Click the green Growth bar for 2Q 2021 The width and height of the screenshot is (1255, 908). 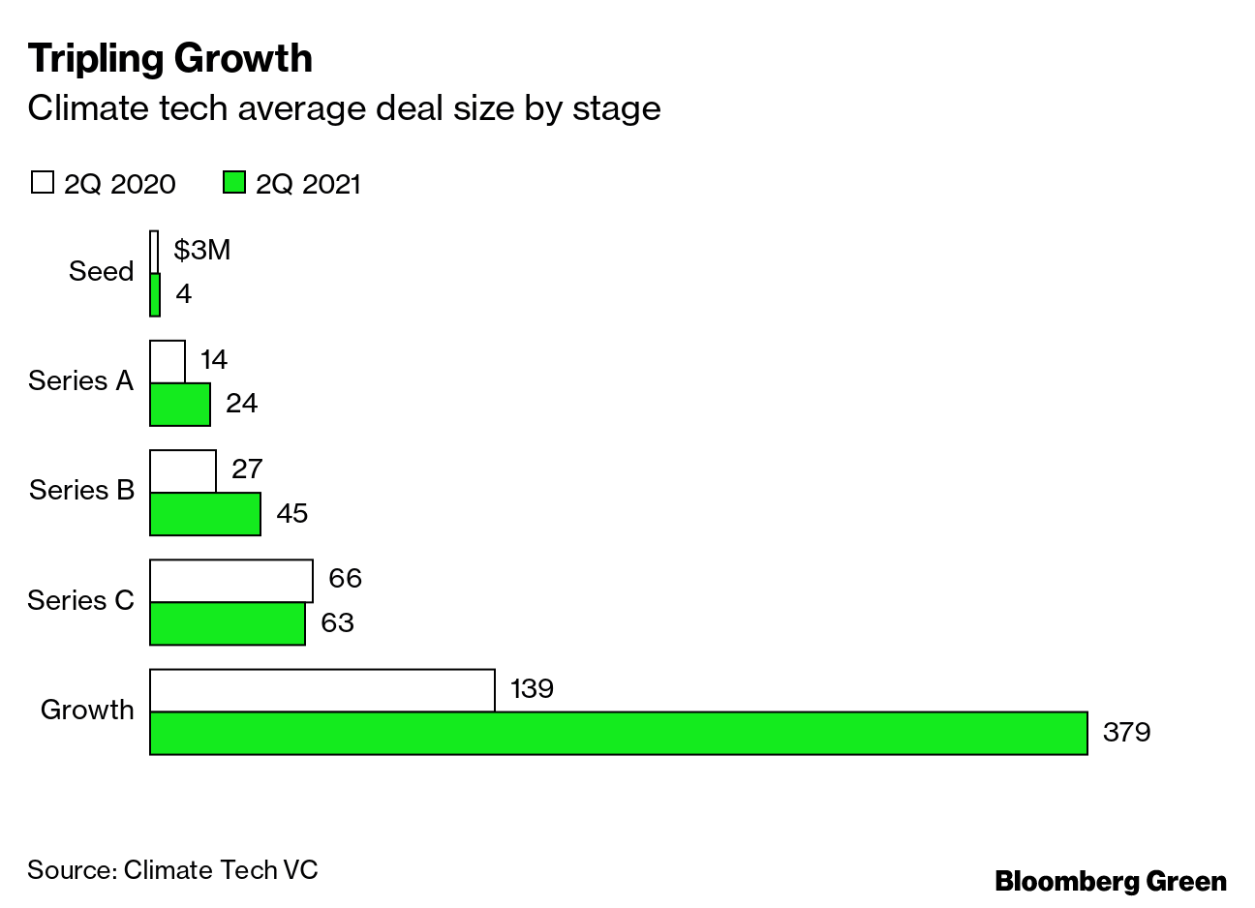(x=618, y=733)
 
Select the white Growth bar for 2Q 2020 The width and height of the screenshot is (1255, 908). (x=322, y=689)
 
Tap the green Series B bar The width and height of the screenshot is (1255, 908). (x=204, y=513)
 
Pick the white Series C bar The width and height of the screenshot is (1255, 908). (x=230, y=580)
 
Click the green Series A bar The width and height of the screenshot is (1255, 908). (x=179, y=404)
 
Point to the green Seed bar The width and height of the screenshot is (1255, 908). (x=155, y=294)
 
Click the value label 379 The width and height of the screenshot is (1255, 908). (x=1126, y=733)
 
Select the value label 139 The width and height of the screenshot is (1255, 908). (x=531, y=688)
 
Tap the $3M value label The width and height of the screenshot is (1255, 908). (x=201, y=250)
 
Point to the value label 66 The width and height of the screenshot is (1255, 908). (x=345, y=578)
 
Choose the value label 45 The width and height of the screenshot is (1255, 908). (x=291, y=513)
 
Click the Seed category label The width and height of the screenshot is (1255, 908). (x=101, y=271)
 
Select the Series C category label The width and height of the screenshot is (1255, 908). (x=80, y=600)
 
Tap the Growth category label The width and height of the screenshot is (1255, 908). (x=87, y=710)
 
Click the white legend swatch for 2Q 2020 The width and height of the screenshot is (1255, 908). (x=42, y=182)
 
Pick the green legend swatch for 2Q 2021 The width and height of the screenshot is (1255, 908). (x=233, y=182)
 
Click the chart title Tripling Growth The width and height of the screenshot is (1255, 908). (x=170, y=58)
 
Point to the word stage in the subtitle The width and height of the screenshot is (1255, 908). (x=616, y=107)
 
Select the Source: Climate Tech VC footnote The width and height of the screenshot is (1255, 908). (x=172, y=869)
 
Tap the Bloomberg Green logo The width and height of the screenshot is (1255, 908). (x=1111, y=882)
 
